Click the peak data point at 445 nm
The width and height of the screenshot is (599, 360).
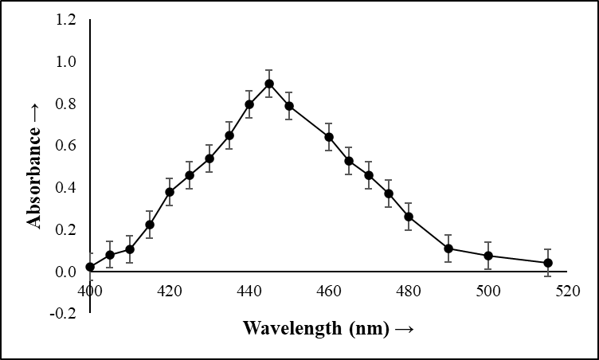(x=269, y=84)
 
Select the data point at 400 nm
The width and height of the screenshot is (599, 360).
(x=90, y=267)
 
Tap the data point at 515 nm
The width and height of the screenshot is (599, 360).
(x=548, y=263)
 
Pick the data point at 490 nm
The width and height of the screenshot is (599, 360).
(x=448, y=248)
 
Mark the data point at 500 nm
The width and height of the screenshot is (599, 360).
(x=488, y=256)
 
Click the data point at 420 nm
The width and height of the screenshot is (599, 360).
(x=170, y=192)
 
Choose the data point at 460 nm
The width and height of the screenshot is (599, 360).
(x=329, y=137)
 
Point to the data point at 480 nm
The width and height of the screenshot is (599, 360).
(x=409, y=217)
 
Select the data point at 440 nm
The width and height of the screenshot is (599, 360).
(x=249, y=104)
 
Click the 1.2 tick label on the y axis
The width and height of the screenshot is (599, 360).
(x=66, y=20)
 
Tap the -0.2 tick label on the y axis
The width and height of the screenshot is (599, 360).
(x=65, y=313)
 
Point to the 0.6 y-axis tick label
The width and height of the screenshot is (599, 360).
(x=66, y=146)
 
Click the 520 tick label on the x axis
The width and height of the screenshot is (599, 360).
(x=567, y=292)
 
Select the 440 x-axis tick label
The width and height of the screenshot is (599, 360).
(x=249, y=292)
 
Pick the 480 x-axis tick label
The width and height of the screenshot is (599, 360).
(x=409, y=292)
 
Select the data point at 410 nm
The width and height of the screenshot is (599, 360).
(x=130, y=249)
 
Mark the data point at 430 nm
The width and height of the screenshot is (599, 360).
(x=209, y=158)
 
